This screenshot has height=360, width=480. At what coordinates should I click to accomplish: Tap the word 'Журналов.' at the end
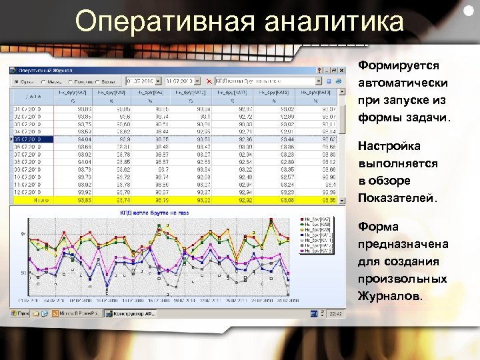point(390,295)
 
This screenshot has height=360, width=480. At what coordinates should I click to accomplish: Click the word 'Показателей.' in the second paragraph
point(394,198)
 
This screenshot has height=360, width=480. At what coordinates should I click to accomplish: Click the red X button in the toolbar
point(210,81)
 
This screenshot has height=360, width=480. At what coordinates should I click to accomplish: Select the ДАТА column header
point(33,95)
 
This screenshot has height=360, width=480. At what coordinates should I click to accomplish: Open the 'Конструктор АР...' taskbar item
point(133,313)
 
